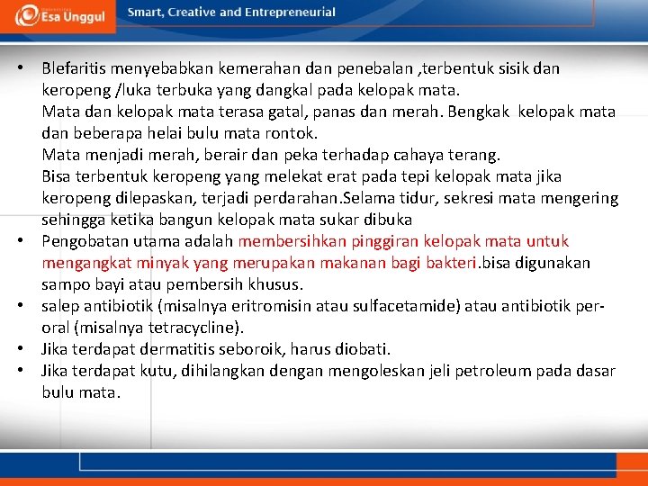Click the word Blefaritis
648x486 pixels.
click(77, 68)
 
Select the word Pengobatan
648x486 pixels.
click(85, 241)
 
